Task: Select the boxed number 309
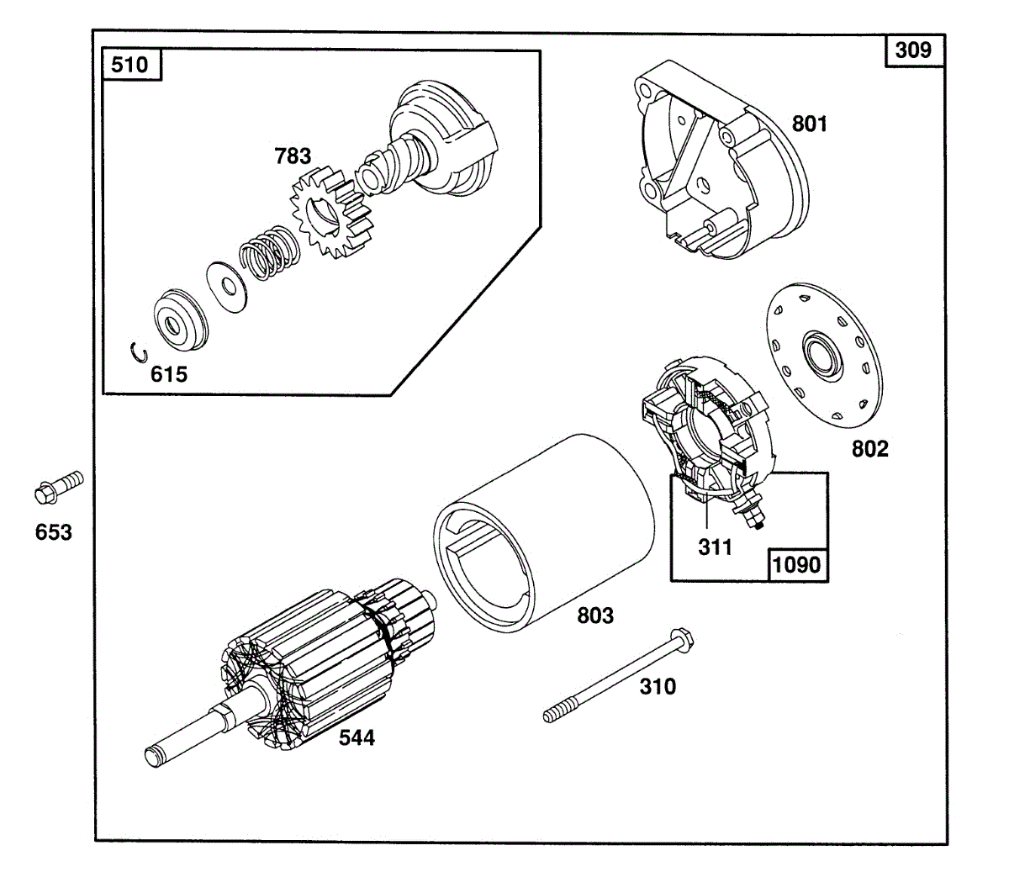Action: click(x=914, y=50)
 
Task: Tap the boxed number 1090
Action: click(x=796, y=564)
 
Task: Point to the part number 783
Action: click(x=292, y=156)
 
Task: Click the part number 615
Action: click(x=169, y=374)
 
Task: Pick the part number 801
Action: click(x=810, y=124)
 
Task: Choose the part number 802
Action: click(x=869, y=449)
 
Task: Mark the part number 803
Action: click(x=595, y=616)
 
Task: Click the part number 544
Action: click(x=357, y=737)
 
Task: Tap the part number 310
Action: click(x=657, y=687)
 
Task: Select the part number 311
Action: click(x=715, y=547)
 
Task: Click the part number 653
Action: click(x=53, y=532)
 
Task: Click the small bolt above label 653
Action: click(x=58, y=486)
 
